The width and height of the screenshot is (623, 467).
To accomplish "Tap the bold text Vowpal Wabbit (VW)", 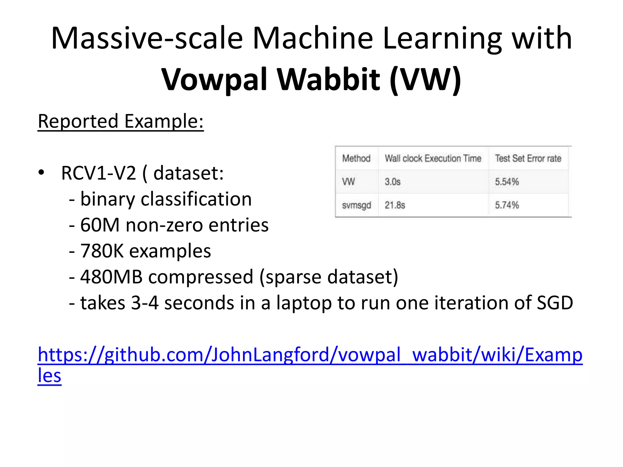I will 311,79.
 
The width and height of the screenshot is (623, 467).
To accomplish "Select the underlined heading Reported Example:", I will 120,121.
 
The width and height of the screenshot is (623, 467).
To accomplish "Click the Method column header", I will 356,158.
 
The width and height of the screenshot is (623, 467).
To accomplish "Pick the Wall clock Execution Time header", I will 433,158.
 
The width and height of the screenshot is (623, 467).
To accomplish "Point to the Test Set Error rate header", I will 528,158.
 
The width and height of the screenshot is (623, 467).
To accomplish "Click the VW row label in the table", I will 349,182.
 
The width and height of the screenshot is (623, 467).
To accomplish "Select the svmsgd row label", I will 356,206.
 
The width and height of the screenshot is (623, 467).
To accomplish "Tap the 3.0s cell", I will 392,182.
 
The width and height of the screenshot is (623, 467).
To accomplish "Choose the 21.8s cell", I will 395,205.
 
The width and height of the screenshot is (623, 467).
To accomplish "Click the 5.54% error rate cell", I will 507,182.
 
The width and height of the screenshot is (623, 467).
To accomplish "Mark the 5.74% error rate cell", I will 507,205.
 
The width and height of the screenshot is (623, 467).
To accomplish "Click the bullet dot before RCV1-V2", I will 41,173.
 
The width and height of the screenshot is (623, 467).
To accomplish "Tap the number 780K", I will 102,251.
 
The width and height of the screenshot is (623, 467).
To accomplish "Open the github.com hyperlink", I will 310,355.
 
